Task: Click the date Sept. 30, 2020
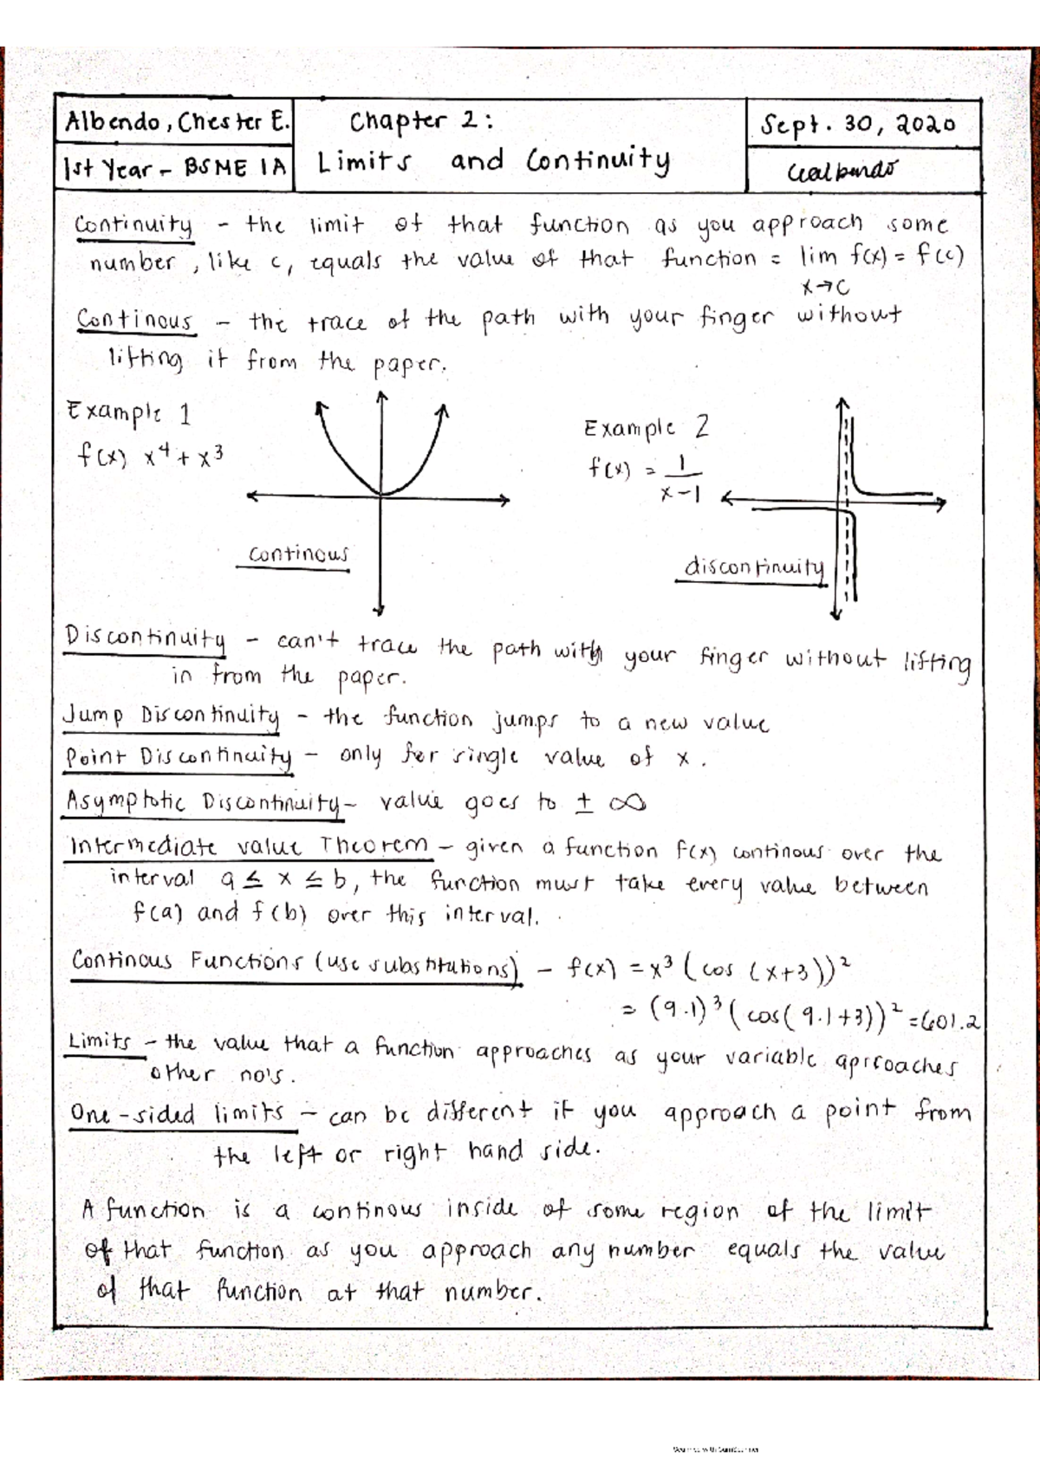(x=858, y=125)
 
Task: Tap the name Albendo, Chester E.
(x=177, y=122)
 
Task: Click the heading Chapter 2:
(x=421, y=121)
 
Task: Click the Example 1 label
(x=128, y=412)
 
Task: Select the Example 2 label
(x=647, y=427)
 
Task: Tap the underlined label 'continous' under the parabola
(x=297, y=554)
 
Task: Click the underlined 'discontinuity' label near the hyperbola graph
(x=753, y=567)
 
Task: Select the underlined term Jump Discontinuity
(x=172, y=716)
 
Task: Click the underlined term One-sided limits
(x=178, y=1113)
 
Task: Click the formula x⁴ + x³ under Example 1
(x=184, y=457)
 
